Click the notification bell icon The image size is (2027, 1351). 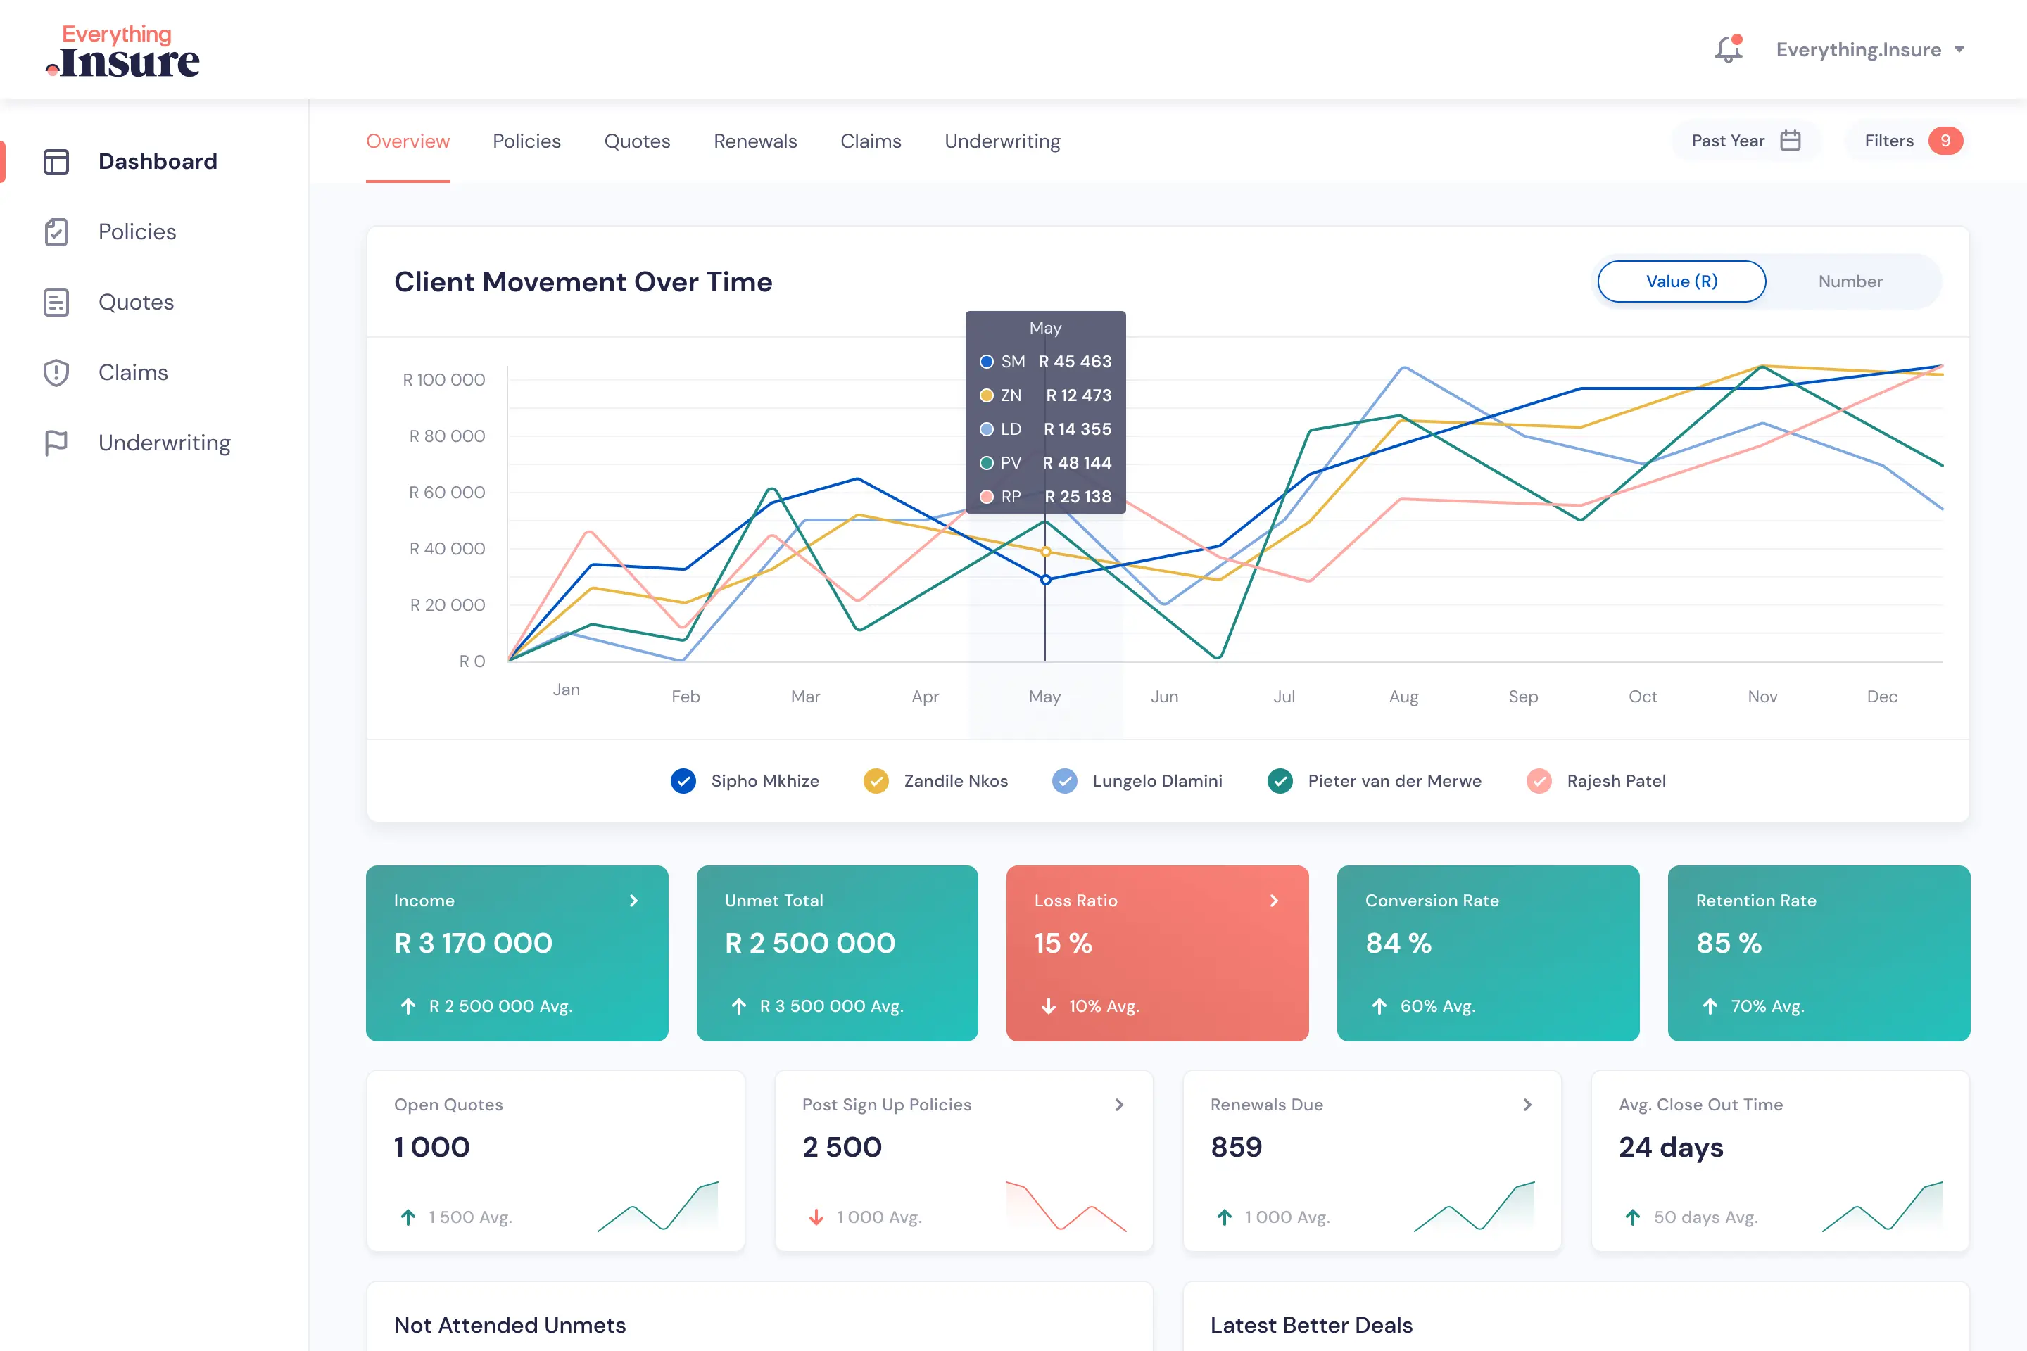[x=1728, y=50]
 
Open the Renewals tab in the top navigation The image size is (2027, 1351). [x=755, y=141]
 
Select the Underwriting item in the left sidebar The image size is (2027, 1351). [x=164, y=443]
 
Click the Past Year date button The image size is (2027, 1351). [x=1745, y=141]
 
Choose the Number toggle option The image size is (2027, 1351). [x=1850, y=281]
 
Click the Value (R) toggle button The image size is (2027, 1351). [x=1681, y=281]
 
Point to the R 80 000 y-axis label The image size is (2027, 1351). [x=446, y=436]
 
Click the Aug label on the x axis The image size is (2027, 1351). [x=1403, y=696]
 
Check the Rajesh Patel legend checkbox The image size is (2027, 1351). [x=1539, y=780]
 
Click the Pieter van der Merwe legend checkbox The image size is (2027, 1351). [x=1280, y=780]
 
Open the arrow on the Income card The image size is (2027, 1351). [x=633, y=901]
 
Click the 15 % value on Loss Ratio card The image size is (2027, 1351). [x=1063, y=943]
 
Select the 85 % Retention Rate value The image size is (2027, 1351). [x=1728, y=943]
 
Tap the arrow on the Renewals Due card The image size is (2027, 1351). [x=1527, y=1105]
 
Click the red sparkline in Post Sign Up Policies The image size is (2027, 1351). [x=1065, y=1205]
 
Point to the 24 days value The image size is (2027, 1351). [x=1670, y=1147]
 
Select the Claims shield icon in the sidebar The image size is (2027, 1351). [x=56, y=372]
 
